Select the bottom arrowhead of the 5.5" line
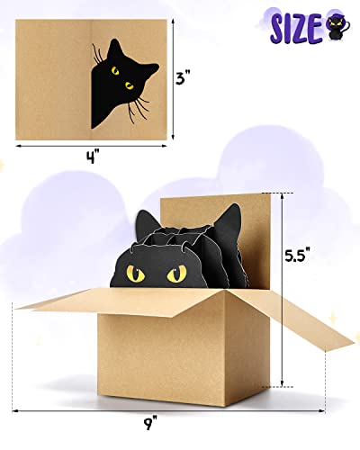click(x=283, y=379)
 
